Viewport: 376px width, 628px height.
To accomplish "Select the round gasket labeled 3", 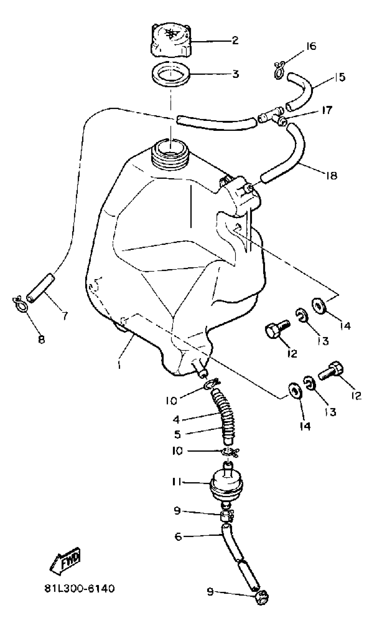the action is coord(171,74).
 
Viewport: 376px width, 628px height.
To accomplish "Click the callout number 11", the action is coord(176,482).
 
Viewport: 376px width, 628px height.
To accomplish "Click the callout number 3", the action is coord(235,74).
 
